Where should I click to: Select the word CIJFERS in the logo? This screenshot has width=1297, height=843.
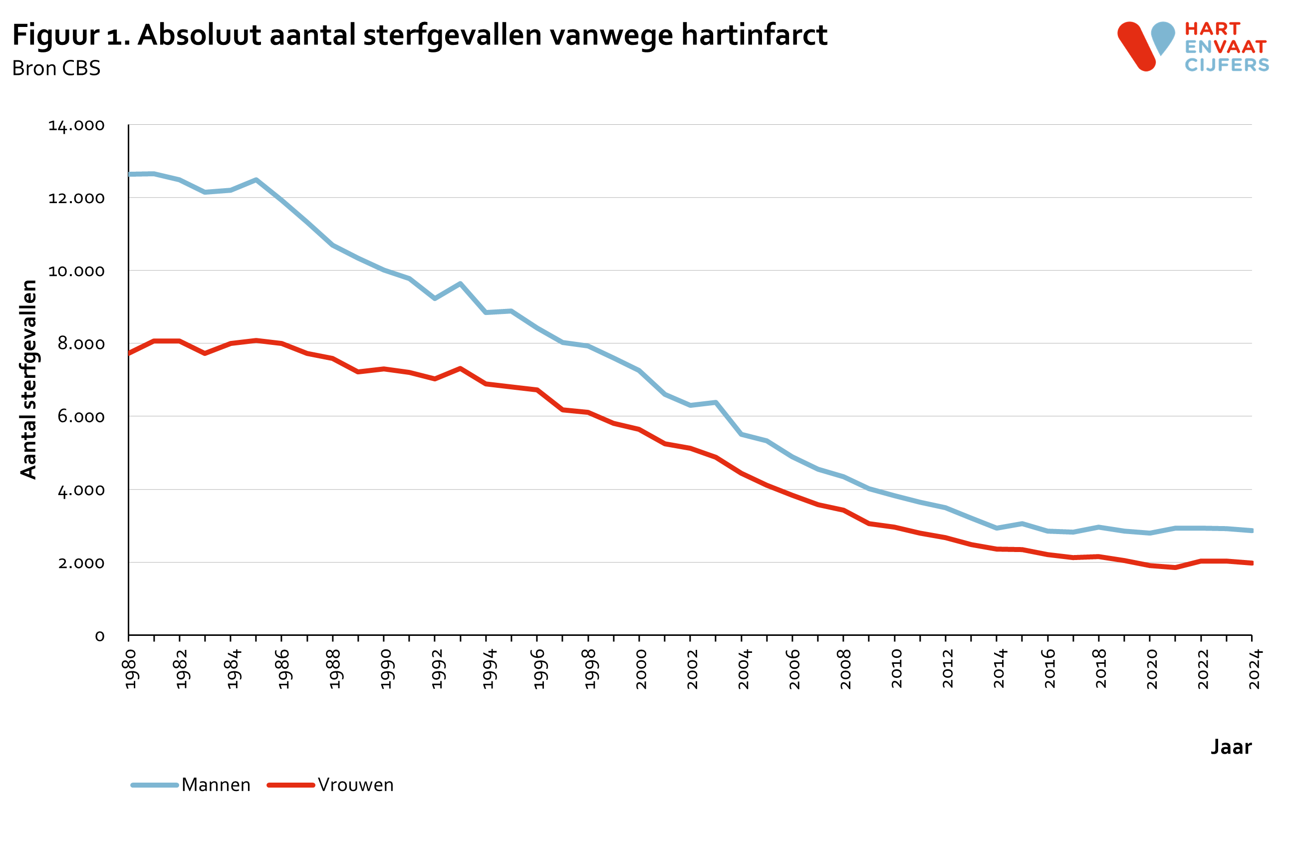click(x=1227, y=65)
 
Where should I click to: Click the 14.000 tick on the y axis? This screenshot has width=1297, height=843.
click(x=76, y=125)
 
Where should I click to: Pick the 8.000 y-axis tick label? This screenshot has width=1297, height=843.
click(x=81, y=344)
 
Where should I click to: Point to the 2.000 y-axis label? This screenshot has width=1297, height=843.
click(x=81, y=563)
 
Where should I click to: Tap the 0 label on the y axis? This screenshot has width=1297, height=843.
click(x=99, y=636)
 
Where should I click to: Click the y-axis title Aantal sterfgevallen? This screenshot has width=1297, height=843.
click(x=28, y=380)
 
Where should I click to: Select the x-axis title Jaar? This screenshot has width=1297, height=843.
click(x=1231, y=747)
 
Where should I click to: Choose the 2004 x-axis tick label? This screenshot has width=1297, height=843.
click(x=744, y=669)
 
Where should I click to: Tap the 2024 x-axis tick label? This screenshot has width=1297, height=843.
click(x=1255, y=669)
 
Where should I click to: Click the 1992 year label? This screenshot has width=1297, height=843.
click(x=438, y=669)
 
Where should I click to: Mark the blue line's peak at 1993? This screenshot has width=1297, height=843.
click(x=461, y=283)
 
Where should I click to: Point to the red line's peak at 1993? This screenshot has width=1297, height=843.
click(x=461, y=368)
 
